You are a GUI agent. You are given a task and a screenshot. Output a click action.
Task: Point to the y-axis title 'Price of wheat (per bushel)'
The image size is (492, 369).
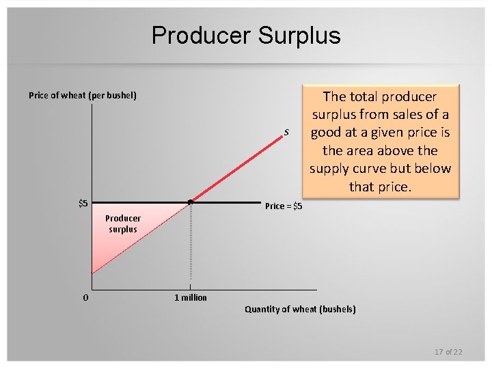click(83, 95)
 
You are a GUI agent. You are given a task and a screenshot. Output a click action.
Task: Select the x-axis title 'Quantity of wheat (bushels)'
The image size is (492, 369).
click(300, 309)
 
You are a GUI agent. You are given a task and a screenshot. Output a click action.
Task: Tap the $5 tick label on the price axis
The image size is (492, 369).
click(82, 203)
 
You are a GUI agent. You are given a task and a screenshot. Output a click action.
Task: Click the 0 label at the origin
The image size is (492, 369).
click(85, 297)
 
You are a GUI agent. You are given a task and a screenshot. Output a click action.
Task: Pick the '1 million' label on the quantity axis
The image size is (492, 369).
click(191, 297)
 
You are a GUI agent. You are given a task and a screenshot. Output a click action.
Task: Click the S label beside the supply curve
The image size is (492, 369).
click(286, 131)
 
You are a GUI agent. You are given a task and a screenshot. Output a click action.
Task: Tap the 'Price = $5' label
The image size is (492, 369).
click(284, 206)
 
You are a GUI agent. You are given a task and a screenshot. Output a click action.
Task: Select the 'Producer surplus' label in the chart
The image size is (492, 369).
click(123, 223)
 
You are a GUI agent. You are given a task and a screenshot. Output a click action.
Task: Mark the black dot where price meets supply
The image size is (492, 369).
click(191, 202)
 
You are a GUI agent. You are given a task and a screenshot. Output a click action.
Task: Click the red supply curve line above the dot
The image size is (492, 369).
click(239, 167)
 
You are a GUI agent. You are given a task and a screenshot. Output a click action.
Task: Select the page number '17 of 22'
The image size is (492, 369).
click(448, 351)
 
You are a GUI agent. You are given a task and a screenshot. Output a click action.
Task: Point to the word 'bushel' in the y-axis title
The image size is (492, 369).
click(121, 95)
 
